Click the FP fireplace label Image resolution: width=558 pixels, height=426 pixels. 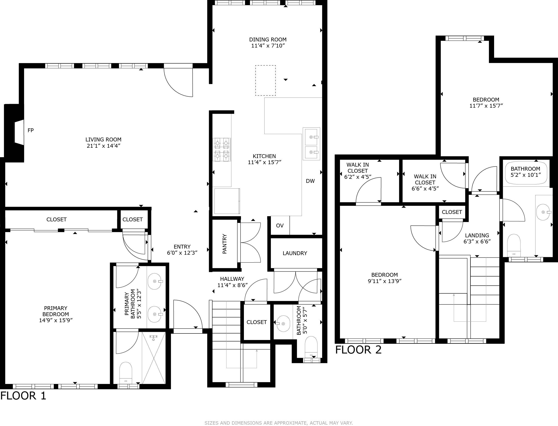(31, 130)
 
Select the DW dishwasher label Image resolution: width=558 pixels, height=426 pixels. (310, 181)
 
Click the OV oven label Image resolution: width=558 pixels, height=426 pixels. (280, 226)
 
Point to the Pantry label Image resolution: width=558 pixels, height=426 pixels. (225, 244)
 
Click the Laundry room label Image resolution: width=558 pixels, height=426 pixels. (295, 253)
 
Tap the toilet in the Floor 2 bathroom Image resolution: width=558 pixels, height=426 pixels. (514, 246)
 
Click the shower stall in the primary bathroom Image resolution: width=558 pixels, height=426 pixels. (154, 358)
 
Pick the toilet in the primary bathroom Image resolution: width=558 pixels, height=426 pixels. (126, 373)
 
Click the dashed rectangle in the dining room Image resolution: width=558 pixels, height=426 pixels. (265, 80)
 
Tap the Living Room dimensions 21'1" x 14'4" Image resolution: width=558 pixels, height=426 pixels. (103, 146)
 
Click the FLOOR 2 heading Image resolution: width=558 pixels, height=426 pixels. (358, 350)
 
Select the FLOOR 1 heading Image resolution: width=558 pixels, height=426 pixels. (23, 396)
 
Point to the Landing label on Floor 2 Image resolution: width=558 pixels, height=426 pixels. (477, 236)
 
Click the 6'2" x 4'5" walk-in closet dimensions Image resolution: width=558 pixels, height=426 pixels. (358, 177)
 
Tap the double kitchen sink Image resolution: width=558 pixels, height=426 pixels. (311, 144)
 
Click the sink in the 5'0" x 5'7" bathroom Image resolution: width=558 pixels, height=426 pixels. (283, 324)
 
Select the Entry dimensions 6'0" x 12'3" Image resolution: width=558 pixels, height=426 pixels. (182, 253)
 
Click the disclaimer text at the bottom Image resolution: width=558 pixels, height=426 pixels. (279, 423)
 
